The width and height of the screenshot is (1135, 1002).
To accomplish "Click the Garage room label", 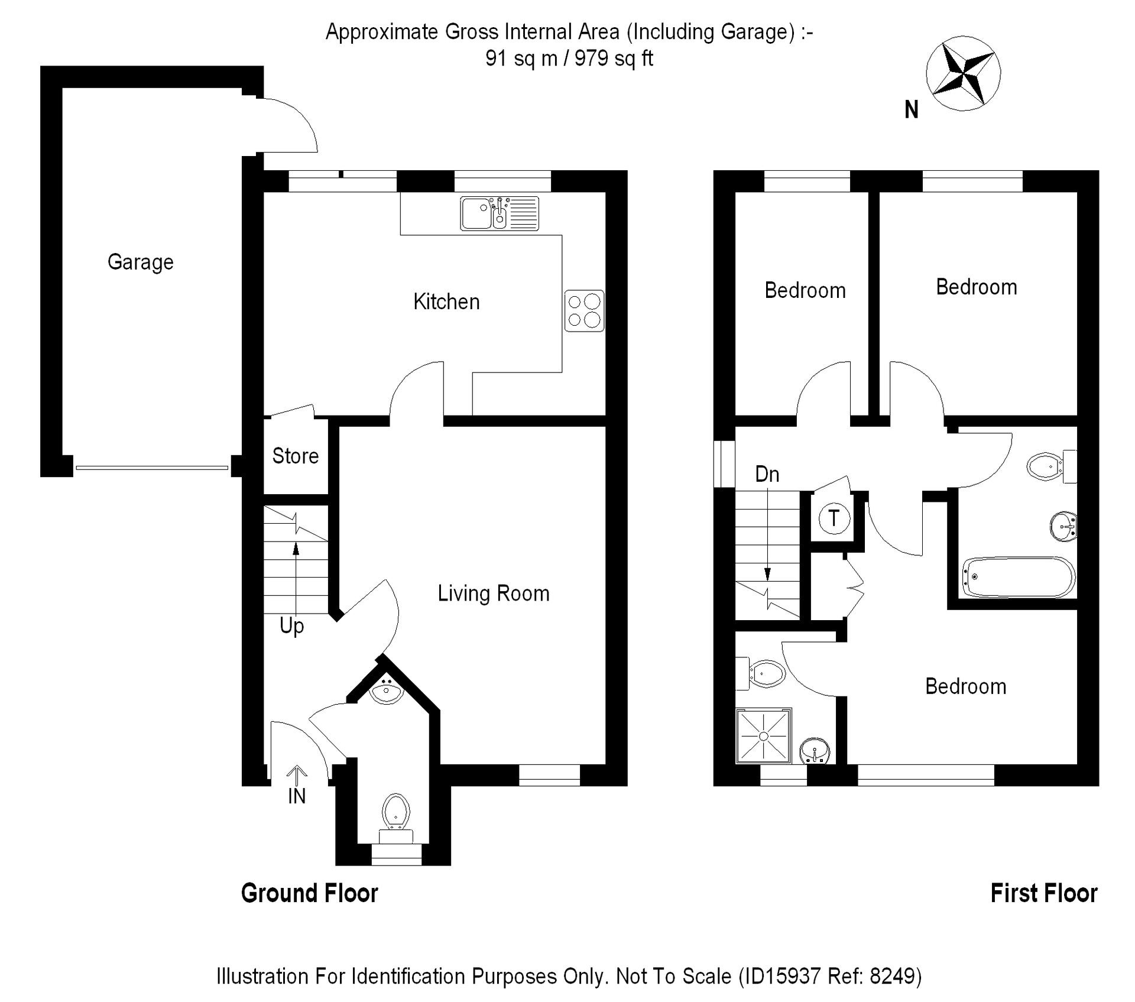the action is [141, 262].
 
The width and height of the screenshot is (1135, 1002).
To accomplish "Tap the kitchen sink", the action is [500, 213].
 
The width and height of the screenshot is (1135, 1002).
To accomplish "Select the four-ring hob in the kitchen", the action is [584, 310].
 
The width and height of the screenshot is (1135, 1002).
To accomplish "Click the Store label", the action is [295, 456].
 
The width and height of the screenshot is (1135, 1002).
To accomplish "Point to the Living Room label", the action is [494, 593].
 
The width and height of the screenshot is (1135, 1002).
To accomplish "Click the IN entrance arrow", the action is [297, 775].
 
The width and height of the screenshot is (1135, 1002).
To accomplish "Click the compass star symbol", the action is [963, 73].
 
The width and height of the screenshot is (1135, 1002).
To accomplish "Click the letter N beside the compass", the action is [912, 109].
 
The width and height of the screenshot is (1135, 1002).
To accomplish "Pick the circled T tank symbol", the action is [834, 518].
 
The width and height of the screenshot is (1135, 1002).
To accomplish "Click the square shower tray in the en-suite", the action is [764, 736].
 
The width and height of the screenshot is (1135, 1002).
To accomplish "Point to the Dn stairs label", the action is [767, 474].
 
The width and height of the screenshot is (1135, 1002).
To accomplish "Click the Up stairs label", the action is [291, 626].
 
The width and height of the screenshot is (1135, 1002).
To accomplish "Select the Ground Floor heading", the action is [309, 893].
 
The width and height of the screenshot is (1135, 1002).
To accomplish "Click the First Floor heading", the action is [1044, 893].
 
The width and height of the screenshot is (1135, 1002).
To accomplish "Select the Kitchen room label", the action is [446, 301].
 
